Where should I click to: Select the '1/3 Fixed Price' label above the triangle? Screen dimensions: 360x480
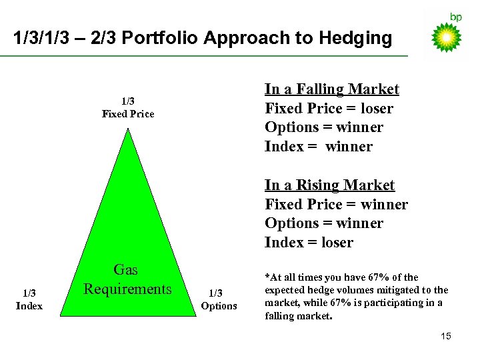point(128,107)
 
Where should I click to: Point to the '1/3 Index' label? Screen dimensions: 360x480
point(29,299)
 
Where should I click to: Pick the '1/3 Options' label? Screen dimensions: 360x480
point(219,299)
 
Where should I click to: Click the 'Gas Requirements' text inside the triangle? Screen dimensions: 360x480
point(127,279)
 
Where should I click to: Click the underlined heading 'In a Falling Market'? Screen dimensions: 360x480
point(331,89)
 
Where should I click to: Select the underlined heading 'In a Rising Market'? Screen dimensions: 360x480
point(329,185)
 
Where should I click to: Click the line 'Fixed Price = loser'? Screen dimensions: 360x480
point(329,108)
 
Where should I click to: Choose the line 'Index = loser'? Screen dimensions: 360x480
point(309,243)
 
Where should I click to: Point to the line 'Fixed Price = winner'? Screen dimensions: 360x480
point(336,204)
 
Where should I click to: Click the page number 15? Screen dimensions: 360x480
point(445,336)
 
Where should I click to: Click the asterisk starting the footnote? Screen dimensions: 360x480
point(267,277)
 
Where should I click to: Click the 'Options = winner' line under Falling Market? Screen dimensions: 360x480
point(323,127)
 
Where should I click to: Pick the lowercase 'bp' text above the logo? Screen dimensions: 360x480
point(455,17)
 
